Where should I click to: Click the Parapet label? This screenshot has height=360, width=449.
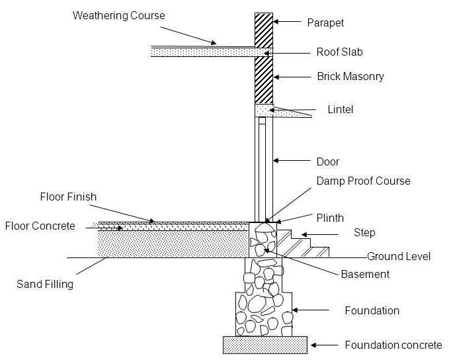point(325,22)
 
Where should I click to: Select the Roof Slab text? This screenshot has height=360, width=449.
point(340,52)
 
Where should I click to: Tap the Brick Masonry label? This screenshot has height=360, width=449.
point(350,77)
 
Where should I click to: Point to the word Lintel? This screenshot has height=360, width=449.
point(340,109)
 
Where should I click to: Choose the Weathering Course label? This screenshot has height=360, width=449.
point(118,15)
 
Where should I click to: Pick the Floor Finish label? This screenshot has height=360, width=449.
point(68,197)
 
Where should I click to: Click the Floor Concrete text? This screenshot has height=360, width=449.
point(40,226)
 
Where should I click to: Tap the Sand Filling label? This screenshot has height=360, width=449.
point(44,285)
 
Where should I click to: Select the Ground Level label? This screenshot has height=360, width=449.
point(398,256)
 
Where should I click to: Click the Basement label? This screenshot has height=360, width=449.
point(365,274)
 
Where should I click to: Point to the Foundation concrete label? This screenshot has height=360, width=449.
point(393,345)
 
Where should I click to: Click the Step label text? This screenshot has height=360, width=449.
point(364,233)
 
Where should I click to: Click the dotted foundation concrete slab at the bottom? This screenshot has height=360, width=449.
point(265,345)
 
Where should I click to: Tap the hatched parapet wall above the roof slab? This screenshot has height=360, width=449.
point(263,29)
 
